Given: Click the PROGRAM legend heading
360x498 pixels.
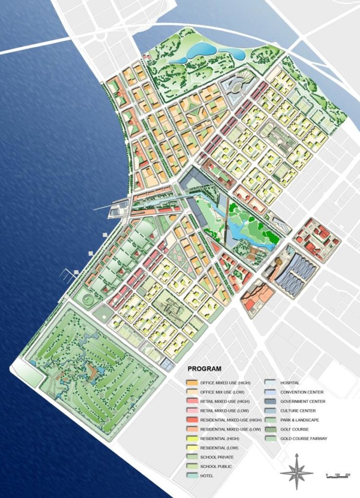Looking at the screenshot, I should (204, 369).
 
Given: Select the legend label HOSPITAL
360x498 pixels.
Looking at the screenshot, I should (290, 383).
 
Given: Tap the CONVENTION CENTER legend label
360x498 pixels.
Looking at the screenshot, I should (302, 392).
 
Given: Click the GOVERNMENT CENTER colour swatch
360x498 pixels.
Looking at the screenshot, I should (271, 402).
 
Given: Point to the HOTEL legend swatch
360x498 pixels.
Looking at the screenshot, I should (192, 476).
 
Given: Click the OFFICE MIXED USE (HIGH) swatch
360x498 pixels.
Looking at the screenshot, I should (192, 383).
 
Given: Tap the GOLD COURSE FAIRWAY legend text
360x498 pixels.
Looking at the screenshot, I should (304, 439).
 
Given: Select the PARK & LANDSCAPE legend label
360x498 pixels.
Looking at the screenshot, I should (298, 420).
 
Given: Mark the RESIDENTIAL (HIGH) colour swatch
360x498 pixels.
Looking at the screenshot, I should (192, 439).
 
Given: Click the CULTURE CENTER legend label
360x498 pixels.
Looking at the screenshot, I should (298, 411).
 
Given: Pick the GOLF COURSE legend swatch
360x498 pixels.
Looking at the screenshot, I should (271, 429).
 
